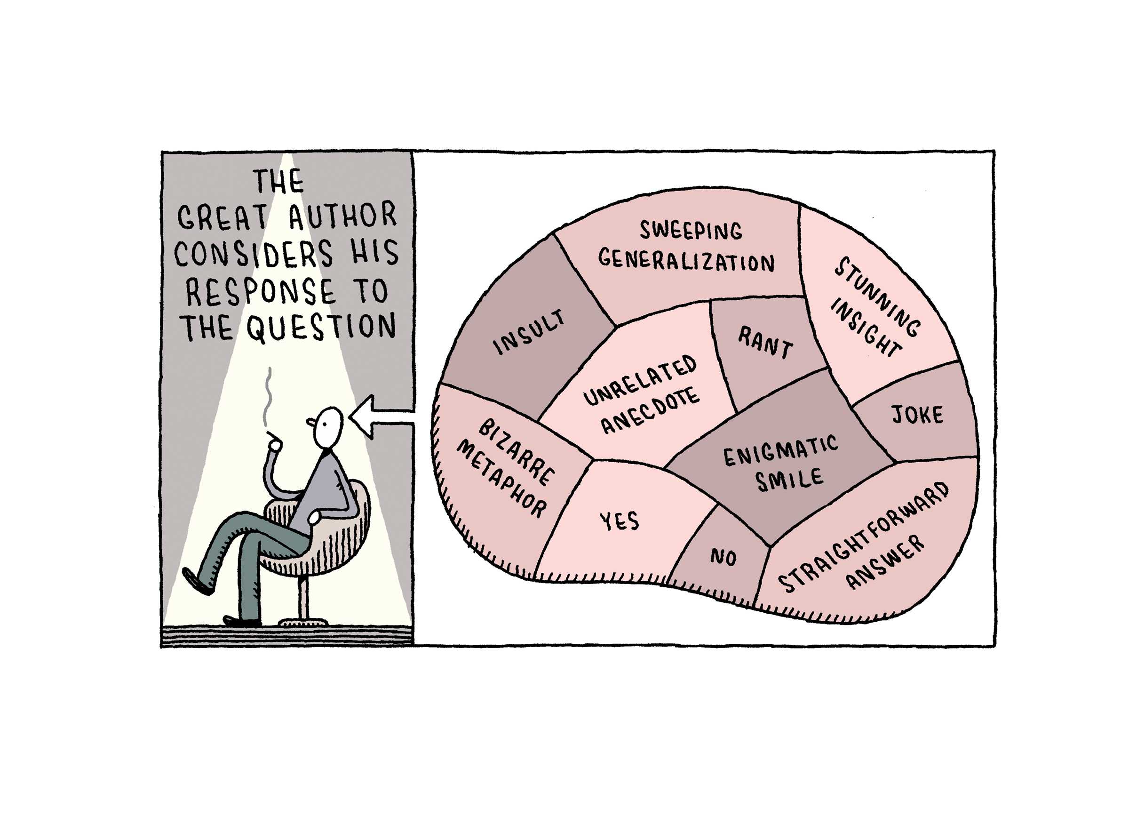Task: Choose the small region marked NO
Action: pyautogui.click(x=724, y=555)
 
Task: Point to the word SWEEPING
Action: pyautogui.click(x=691, y=231)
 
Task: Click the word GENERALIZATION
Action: pyautogui.click(x=686, y=261)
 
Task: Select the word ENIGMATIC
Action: pyautogui.click(x=781, y=450)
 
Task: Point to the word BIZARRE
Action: pyautogui.click(x=517, y=453)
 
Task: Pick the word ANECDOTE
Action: pyautogui.click(x=651, y=410)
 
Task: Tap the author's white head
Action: pyautogui.click(x=329, y=426)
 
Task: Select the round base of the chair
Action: pyautogui.click(x=303, y=623)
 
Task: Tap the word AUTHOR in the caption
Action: pyautogui.click(x=343, y=216)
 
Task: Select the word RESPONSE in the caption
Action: pyautogui.click(x=260, y=291)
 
